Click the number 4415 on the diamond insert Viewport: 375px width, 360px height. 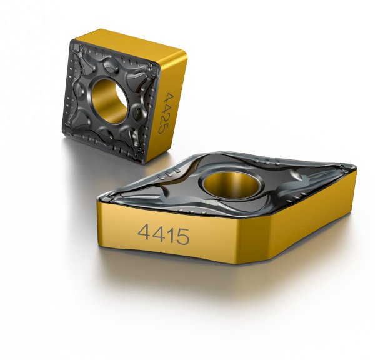tap(163, 236)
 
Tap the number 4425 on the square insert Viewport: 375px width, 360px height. tap(166, 113)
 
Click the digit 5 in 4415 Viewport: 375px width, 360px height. tap(182, 236)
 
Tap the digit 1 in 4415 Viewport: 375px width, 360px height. tap(168, 236)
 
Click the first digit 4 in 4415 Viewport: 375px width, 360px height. tap(144, 234)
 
